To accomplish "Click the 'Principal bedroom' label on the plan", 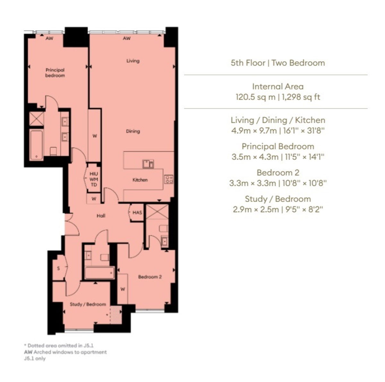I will pyautogui.click(x=55, y=73).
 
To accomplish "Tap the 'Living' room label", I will pyautogui.click(x=133, y=61).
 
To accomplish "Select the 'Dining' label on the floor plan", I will pyautogui.click(x=133, y=131).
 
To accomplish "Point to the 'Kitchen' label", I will pyautogui.click(x=140, y=180).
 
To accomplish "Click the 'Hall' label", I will pyautogui.click(x=101, y=216).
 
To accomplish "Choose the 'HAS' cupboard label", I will pyautogui.click(x=137, y=212).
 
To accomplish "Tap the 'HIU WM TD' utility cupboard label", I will pyautogui.click(x=94, y=179).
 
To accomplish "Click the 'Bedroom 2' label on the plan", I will pyautogui.click(x=150, y=277).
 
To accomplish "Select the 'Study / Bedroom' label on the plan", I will pyautogui.click(x=88, y=304).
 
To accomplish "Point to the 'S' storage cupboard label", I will pyautogui.click(x=58, y=269).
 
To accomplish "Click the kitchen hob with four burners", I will pyautogui.click(x=169, y=179).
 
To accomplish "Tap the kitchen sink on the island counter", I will pyautogui.click(x=148, y=164).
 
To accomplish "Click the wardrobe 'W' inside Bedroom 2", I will pyautogui.click(x=123, y=289).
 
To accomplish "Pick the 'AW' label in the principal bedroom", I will pyautogui.click(x=49, y=38).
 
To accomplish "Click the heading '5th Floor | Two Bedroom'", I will pyautogui.click(x=278, y=63).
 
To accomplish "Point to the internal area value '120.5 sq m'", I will pyautogui.click(x=256, y=97).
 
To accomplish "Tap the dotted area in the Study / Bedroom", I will pyautogui.click(x=116, y=315).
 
